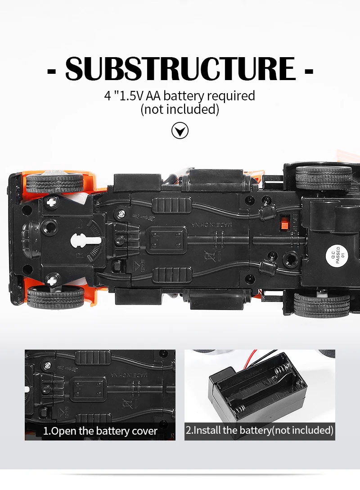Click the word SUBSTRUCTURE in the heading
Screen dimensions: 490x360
[180, 68]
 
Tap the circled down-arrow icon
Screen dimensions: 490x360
[180, 131]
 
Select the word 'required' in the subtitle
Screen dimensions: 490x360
[231, 96]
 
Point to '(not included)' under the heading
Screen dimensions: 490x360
[180, 109]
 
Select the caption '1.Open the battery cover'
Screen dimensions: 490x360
[100, 431]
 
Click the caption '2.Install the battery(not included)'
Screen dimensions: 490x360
[260, 430]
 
